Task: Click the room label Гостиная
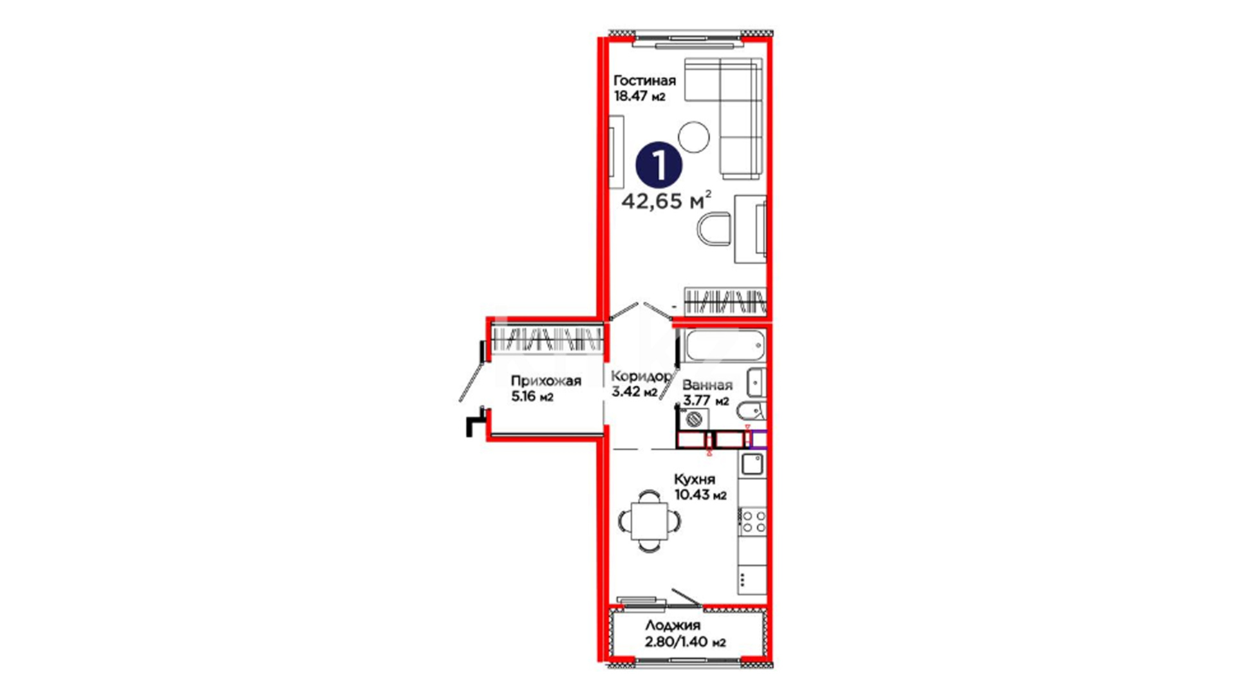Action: click(x=644, y=80)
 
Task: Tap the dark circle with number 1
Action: click(x=659, y=165)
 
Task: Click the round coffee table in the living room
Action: click(x=694, y=137)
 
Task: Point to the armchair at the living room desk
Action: click(x=715, y=230)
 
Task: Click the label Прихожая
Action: click(x=546, y=381)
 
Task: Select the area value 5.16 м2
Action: click(x=532, y=396)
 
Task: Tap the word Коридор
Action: click(x=641, y=376)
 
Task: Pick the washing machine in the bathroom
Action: click(x=693, y=419)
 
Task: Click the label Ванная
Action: click(x=707, y=385)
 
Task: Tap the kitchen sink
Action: click(x=753, y=463)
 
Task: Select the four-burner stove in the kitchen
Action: click(x=753, y=521)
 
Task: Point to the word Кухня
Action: click(x=695, y=479)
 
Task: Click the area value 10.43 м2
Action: click(x=700, y=495)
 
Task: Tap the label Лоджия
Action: click(x=673, y=625)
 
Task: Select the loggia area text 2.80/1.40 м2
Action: click(x=686, y=642)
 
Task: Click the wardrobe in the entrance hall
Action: click(x=547, y=339)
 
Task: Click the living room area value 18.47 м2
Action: click(x=639, y=97)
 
